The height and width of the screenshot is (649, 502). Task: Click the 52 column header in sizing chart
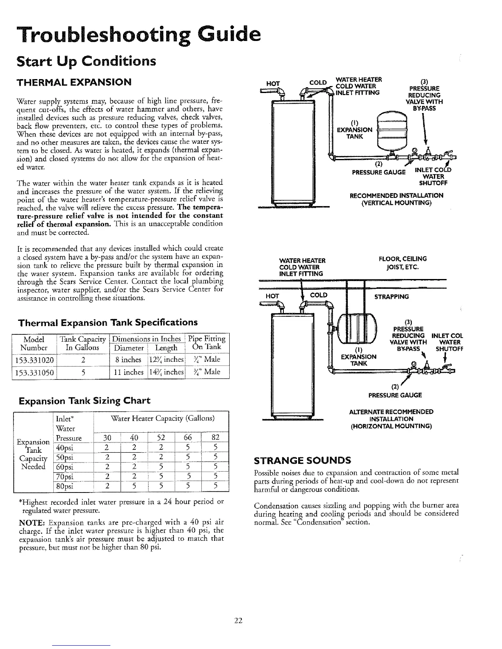click(161, 438)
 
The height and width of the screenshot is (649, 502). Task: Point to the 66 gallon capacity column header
click(188, 438)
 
